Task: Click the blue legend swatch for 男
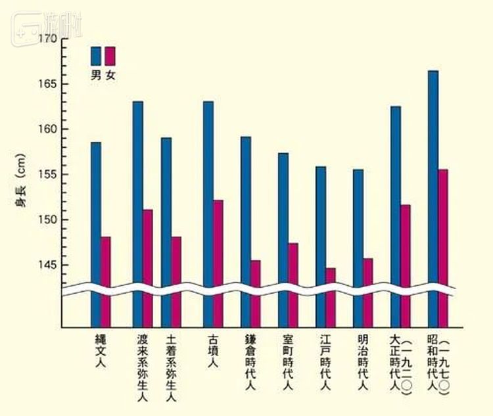click(96, 55)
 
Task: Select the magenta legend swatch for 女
click(110, 55)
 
